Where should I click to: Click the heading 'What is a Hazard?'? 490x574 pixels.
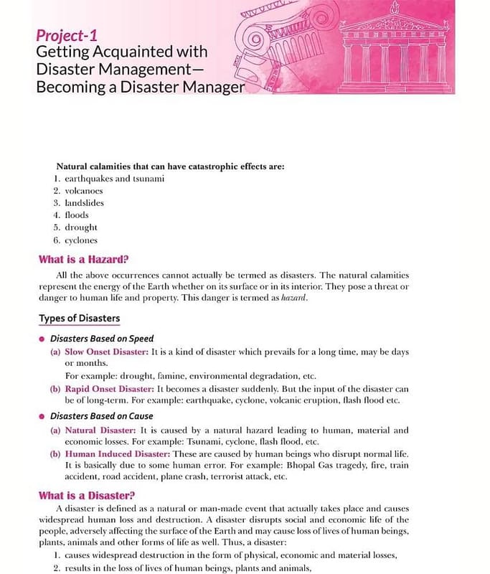point(87,260)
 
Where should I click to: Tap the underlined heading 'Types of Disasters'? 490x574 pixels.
point(79,318)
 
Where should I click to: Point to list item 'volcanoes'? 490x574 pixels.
point(84,191)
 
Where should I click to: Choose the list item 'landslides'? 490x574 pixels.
point(84,203)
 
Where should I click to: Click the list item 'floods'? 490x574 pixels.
point(77,215)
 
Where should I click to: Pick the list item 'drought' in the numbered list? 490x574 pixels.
point(80,227)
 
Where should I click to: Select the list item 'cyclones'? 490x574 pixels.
point(81,240)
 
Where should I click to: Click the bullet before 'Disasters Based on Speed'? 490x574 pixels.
point(42,339)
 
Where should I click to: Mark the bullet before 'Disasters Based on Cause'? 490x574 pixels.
point(42,416)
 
